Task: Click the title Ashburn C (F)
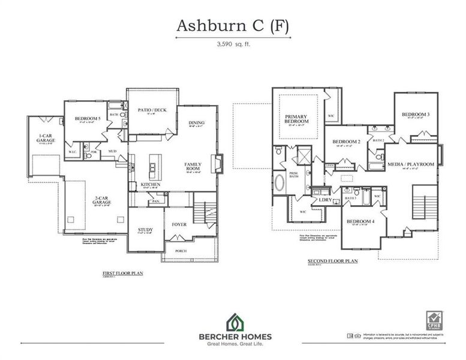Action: (x=233, y=26)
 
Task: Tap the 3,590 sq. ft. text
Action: (x=233, y=44)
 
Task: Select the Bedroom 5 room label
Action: (x=88, y=119)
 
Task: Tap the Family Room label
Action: (x=193, y=167)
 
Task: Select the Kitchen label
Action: (x=150, y=184)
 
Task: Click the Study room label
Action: (x=145, y=229)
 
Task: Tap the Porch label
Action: (x=181, y=250)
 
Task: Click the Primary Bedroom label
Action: (x=296, y=119)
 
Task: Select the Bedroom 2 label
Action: (x=346, y=142)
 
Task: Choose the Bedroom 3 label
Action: (x=416, y=115)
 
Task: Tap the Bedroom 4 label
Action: (x=361, y=221)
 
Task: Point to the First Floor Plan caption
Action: (x=122, y=272)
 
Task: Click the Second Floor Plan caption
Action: (x=332, y=261)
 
